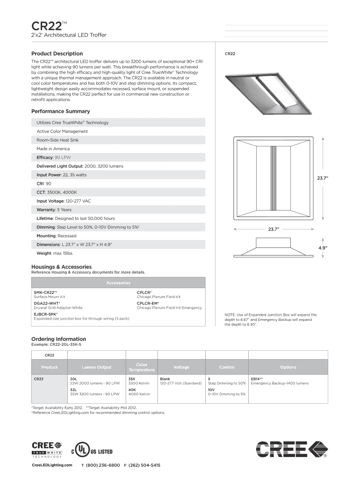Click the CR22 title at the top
(x=45, y=25)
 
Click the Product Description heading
(x=57, y=54)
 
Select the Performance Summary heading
(x=60, y=112)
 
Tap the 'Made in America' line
(x=53, y=149)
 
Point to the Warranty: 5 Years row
(x=54, y=210)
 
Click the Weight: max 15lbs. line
(x=55, y=253)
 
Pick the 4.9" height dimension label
(x=323, y=247)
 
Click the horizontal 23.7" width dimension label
(x=274, y=229)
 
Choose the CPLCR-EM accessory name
(x=148, y=303)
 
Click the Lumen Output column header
(x=96, y=367)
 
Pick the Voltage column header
(x=181, y=367)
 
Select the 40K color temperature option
(x=132, y=389)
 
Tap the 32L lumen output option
(x=73, y=389)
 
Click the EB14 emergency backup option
(x=257, y=378)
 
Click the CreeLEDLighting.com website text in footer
(x=52, y=465)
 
